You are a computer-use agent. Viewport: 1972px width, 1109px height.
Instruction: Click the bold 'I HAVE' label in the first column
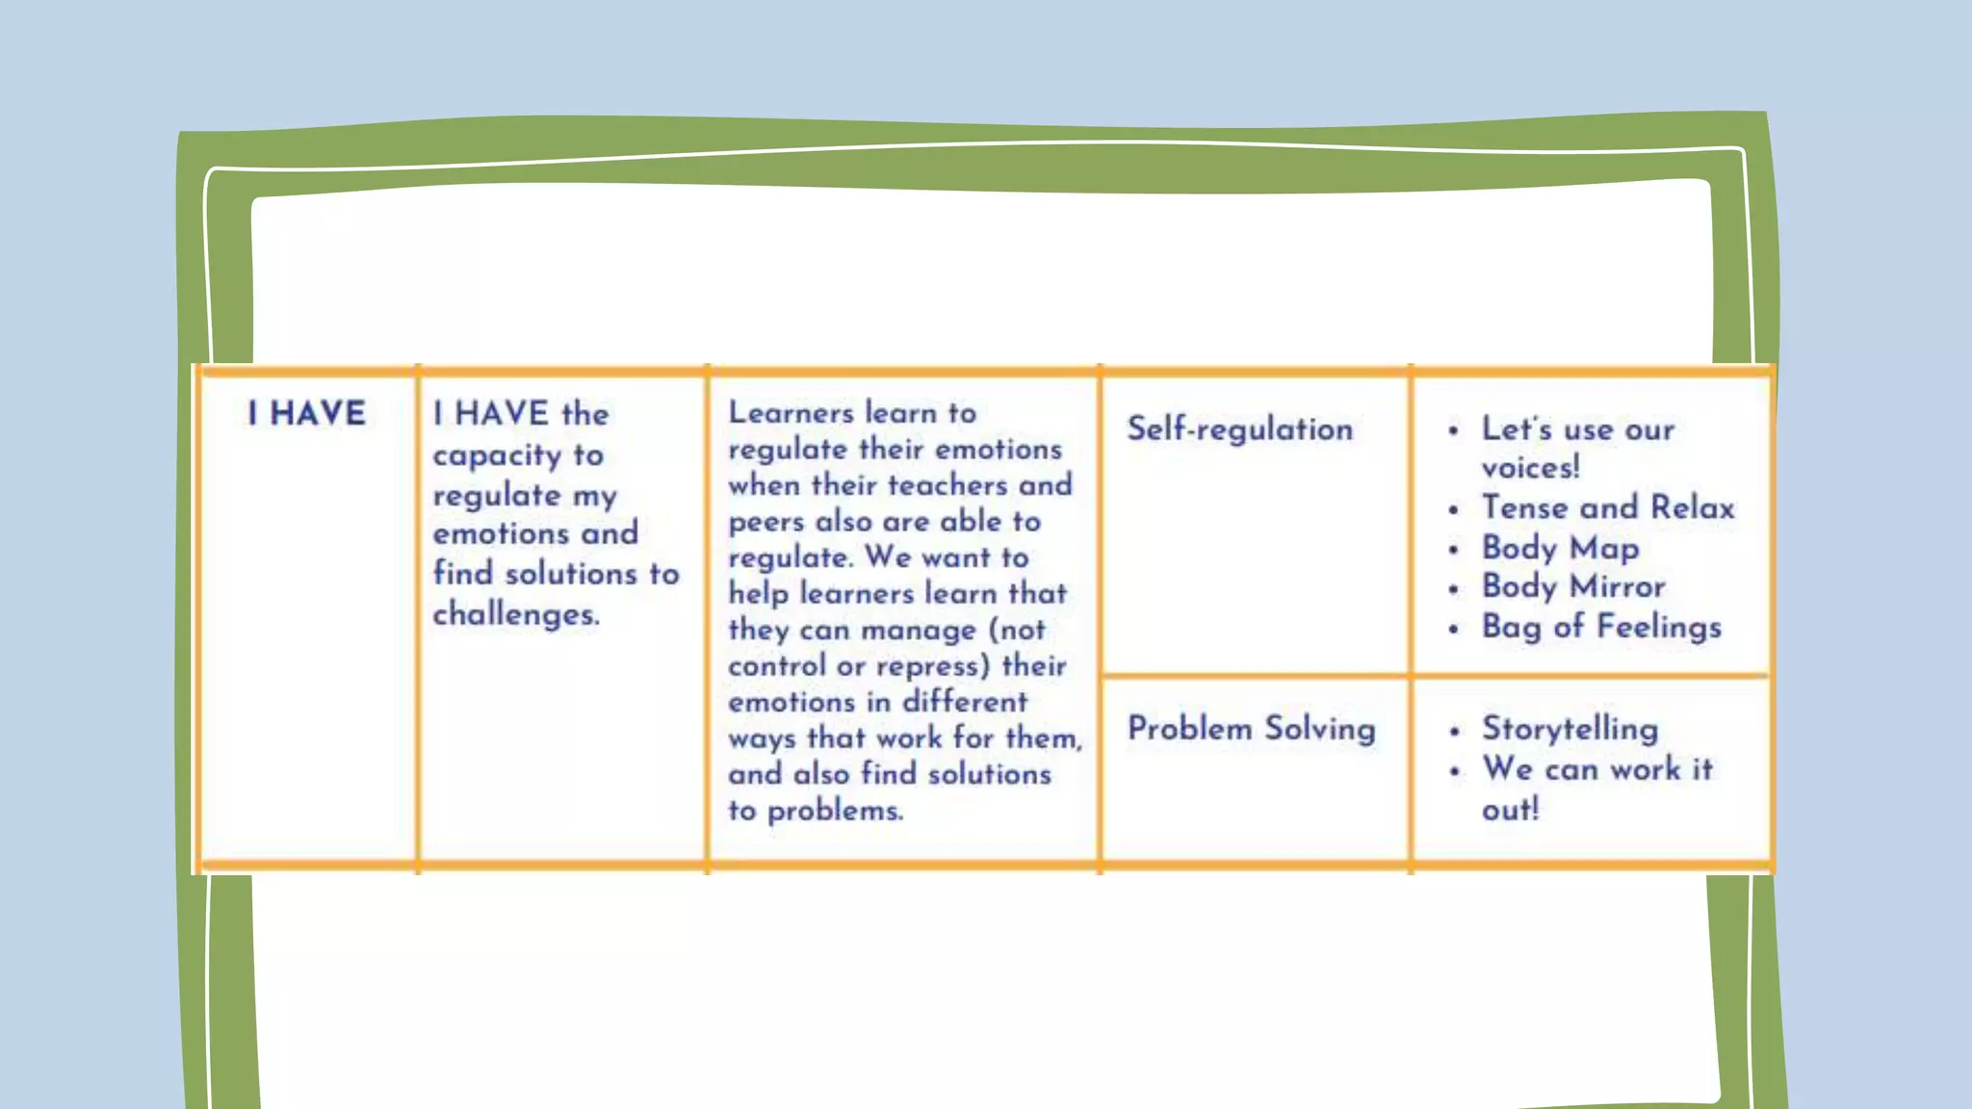click(307, 414)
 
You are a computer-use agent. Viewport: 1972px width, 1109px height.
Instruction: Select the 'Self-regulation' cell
click(1239, 429)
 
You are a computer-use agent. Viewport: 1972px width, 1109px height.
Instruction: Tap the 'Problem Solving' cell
click(1251, 729)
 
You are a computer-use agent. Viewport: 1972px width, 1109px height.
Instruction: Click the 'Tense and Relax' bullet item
click(1607, 507)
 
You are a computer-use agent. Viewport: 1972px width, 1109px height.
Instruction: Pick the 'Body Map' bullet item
click(1560, 548)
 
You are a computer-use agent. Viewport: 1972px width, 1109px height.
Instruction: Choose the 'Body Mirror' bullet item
click(1572, 586)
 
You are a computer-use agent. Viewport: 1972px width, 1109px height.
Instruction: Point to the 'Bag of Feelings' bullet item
click(1600, 627)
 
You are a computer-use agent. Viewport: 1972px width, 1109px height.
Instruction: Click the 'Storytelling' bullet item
click(1570, 729)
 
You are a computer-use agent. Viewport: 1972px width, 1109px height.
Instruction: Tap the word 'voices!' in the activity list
click(1530, 468)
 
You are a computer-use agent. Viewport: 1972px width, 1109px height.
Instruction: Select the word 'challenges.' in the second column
click(516, 614)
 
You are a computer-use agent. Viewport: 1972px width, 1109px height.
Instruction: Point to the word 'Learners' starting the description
click(791, 413)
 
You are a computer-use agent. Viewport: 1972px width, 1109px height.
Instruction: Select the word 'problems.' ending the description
click(835, 812)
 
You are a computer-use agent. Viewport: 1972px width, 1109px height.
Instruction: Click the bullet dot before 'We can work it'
click(1454, 770)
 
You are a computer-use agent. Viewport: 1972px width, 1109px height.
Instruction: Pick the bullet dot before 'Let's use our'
click(1453, 430)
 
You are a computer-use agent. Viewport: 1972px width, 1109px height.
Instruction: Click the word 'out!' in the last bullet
click(1510, 810)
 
